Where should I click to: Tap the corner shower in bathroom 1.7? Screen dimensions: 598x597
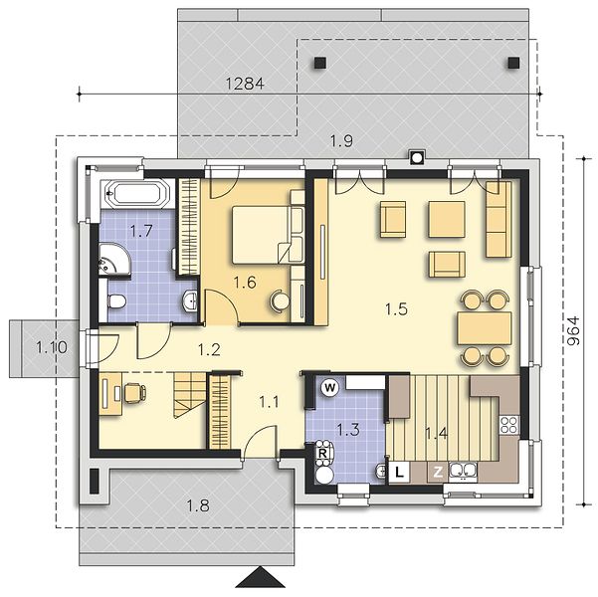pos(113,259)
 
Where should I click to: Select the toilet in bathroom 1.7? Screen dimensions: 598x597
pos(116,301)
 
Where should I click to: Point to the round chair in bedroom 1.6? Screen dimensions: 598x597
pos(281,301)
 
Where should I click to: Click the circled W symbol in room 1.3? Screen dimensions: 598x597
pos(330,388)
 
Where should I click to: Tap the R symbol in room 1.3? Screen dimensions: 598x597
pos(322,454)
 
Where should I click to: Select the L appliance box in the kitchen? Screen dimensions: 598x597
pos(399,473)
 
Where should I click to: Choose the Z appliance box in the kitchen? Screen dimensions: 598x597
pos(438,473)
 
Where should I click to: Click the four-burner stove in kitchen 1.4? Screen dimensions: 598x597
pos(508,425)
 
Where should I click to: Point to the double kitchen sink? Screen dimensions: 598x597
pos(463,471)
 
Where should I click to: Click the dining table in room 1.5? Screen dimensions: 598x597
pos(485,328)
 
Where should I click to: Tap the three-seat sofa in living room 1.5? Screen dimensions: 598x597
pos(498,219)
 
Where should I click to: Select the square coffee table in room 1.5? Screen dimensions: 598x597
pos(447,219)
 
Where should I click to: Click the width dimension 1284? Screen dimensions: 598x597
pos(245,84)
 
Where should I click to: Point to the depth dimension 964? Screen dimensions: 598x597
pos(573,331)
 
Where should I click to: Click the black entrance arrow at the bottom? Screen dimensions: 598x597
pos(261,577)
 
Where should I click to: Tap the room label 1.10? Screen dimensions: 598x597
pos(52,347)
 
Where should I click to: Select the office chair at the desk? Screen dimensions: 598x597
pos(134,393)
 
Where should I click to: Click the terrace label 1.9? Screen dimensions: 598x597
pos(341,141)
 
